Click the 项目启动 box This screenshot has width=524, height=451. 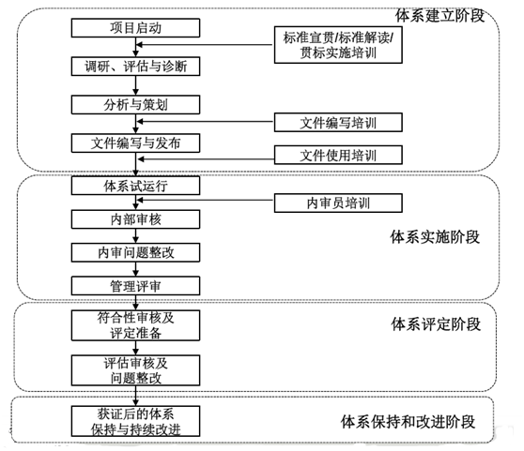click(x=135, y=28)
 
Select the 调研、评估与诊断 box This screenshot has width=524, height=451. click(x=135, y=67)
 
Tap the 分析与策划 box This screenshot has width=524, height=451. click(x=135, y=105)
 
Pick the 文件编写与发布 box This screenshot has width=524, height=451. click(x=135, y=143)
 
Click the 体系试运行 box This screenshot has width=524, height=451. click(x=135, y=186)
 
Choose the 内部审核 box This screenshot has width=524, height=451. click(x=135, y=219)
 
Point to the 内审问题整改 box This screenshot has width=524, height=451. click(x=135, y=252)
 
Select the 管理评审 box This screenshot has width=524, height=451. click(x=135, y=286)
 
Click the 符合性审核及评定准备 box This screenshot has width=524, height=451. click(x=135, y=325)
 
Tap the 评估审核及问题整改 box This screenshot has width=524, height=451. click(x=135, y=370)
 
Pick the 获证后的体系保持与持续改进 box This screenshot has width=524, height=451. click(x=135, y=421)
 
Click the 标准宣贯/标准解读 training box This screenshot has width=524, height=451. click(x=338, y=45)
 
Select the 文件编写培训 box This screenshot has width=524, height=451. click(x=338, y=123)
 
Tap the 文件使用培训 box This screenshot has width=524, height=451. click(x=338, y=155)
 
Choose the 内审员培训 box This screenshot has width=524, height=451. click(x=338, y=203)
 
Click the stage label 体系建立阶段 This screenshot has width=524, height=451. click(x=439, y=16)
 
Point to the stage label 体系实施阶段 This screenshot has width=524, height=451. click(x=435, y=237)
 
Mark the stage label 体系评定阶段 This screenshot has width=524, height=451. click(x=436, y=323)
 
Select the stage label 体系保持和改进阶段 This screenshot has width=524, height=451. click(x=408, y=422)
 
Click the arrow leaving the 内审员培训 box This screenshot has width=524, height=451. click(x=206, y=200)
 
